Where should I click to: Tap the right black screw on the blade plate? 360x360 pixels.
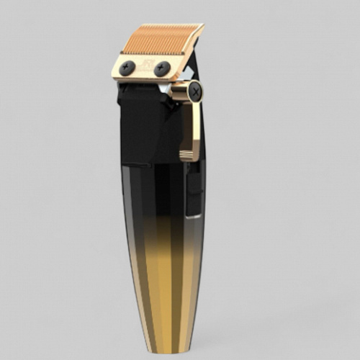tap(162, 68)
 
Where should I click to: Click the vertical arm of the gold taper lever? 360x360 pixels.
tap(193, 126)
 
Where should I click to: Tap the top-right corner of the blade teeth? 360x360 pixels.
tap(203, 26)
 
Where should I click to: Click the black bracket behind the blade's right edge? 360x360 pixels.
tap(189, 70)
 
